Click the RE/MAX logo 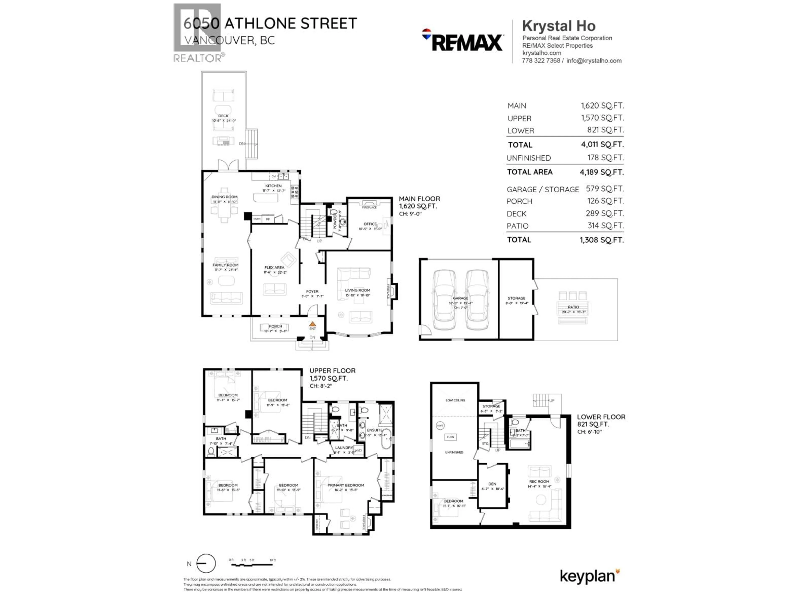(x=463, y=41)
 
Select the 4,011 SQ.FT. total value (x=602, y=144)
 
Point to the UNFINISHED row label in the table (x=528, y=158)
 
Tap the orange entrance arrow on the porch (x=312, y=324)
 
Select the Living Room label (x=358, y=290)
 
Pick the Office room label (x=370, y=224)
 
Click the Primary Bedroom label (x=346, y=485)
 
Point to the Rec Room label (x=539, y=482)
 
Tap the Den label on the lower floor (x=492, y=484)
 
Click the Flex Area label (x=274, y=267)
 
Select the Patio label (x=573, y=307)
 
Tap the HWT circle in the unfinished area (x=440, y=425)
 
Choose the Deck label (x=223, y=116)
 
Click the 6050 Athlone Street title (x=270, y=23)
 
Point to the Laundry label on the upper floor (x=344, y=448)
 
